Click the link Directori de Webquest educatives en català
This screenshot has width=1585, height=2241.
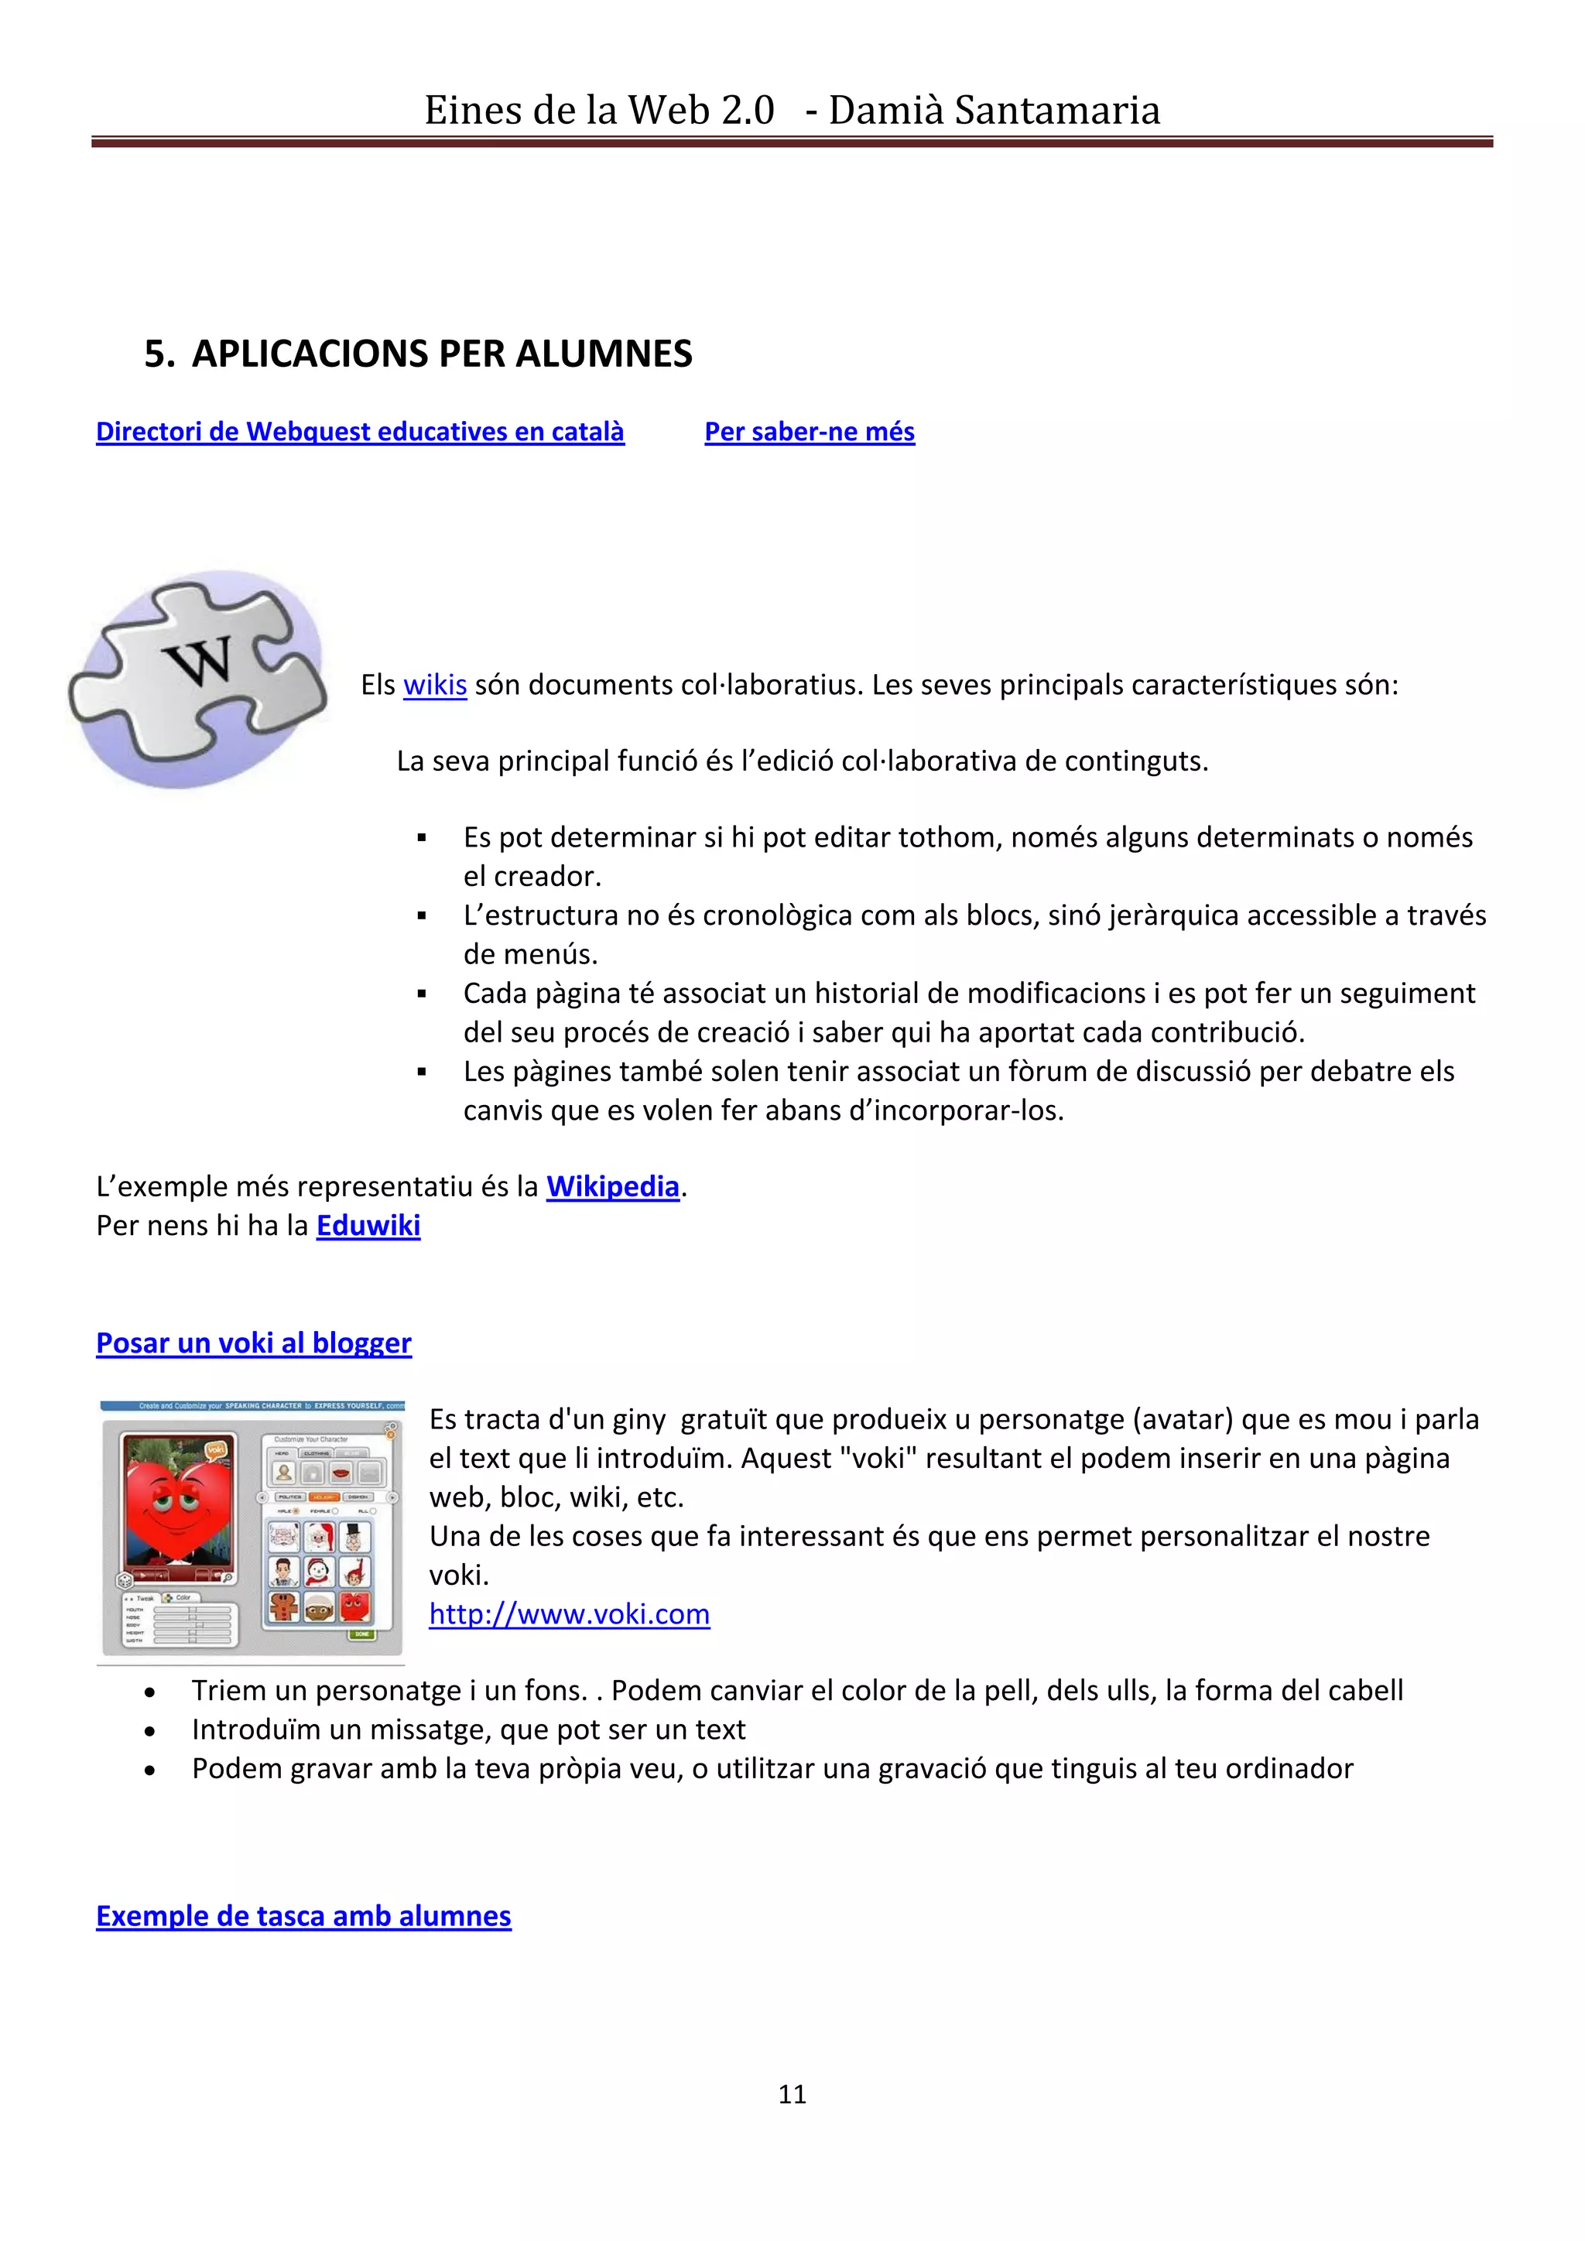pos(359,432)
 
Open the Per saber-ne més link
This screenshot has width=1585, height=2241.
pos(809,432)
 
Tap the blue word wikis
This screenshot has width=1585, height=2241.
pos(434,685)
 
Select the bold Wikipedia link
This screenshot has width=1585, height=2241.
pos(612,1186)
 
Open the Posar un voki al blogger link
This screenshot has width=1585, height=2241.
pos(254,1343)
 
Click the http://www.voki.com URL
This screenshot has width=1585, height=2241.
pos(569,1614)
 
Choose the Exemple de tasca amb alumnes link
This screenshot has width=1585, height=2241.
pos(303,1916)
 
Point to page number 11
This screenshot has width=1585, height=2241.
pos(792,2094)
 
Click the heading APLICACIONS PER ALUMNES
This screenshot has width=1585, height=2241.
pos(442,354)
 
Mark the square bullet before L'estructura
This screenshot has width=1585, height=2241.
pos(422,915)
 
